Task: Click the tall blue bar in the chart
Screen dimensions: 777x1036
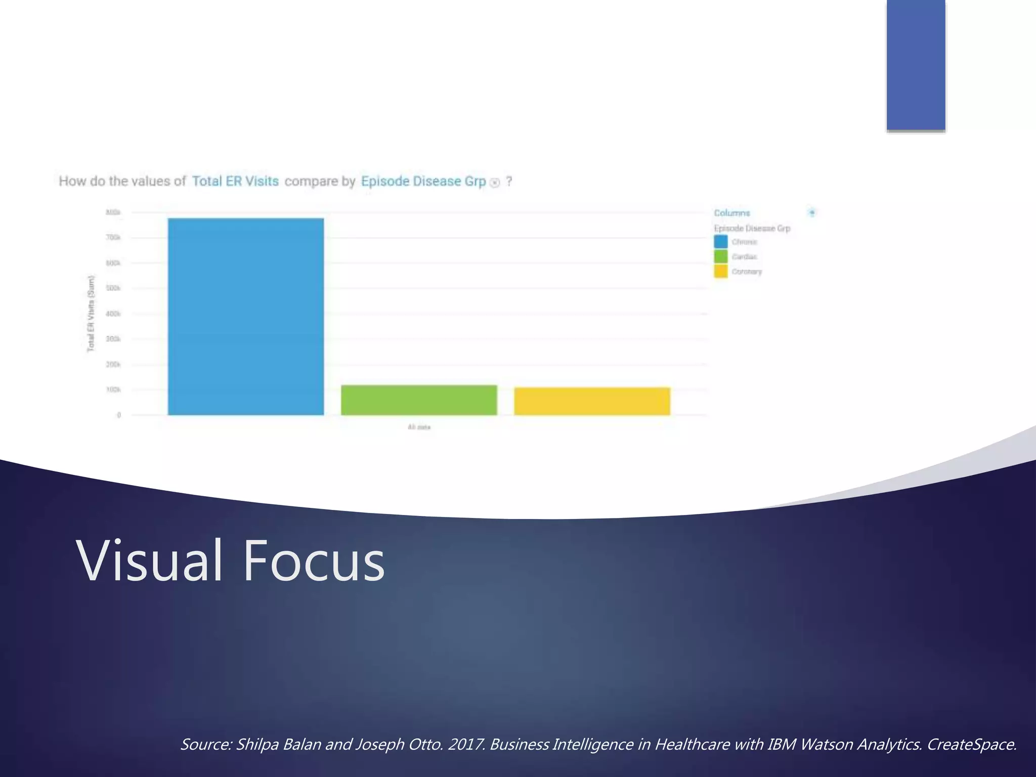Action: (x=246, y=317)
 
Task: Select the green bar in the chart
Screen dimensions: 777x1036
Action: (x=419, y=400)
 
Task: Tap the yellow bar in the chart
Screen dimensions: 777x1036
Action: (x=592, y=401)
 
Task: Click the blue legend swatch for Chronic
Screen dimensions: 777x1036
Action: (x=721, y=242)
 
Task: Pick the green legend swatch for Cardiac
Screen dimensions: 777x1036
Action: (x=721, y=256)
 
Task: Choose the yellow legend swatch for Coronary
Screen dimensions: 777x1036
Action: (x=721, y=271)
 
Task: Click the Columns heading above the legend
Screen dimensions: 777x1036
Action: (x=731, y=213)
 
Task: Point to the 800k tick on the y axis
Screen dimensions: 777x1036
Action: (x=113, y=212)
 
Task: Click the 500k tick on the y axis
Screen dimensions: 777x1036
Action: (x=113, y=288)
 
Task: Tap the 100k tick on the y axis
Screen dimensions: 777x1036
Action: (x=113, y=390)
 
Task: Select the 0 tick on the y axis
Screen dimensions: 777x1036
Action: (x=119, y=415)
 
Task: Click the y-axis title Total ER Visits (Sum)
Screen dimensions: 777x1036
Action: (x=91, y=314)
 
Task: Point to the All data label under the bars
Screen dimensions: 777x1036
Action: (x=419, y=427)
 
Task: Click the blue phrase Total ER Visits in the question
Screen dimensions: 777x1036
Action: (x=235, y=181)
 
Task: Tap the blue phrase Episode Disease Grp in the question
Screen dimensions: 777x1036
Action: (x=423, y=181)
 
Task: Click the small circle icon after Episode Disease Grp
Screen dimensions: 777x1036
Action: (x=495, y=183)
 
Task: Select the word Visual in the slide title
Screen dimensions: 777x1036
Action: (x=150, y=561)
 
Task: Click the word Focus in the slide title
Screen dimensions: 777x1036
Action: (x=314, y=561)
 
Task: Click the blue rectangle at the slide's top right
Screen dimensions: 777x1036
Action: (x=916, y=65)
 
